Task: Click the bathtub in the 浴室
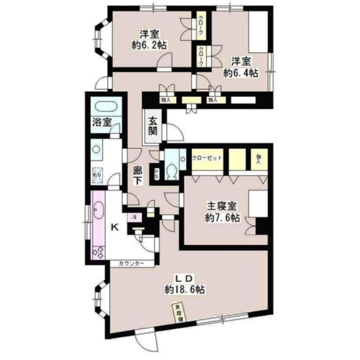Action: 106,107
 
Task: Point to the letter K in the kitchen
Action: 114,227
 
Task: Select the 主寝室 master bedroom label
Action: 221,207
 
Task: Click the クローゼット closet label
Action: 206,158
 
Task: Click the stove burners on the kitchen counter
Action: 98,251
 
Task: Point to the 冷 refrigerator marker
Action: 134,217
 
